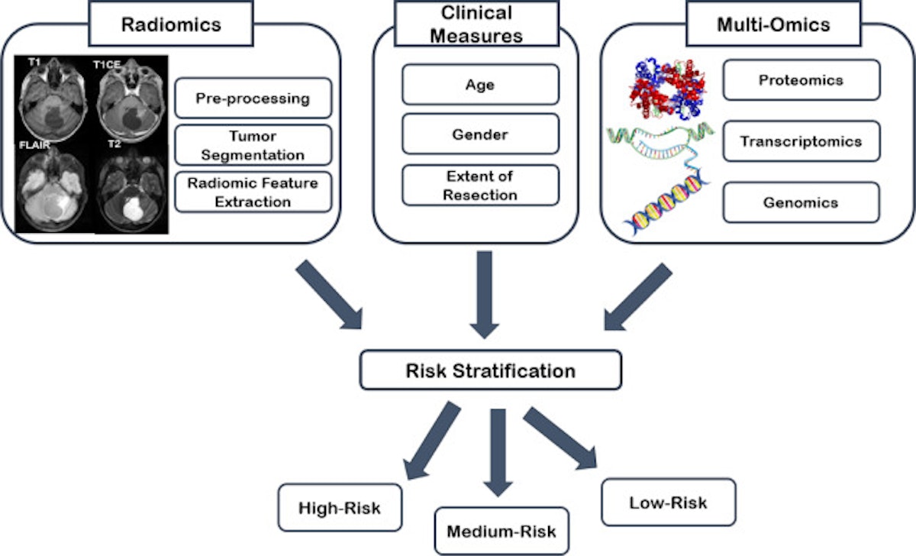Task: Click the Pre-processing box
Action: click(253, 99)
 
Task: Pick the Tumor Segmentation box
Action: click(253, 145)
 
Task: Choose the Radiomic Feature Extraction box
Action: click(253, 192)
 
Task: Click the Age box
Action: click(480, 85)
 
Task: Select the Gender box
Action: click(480, 135)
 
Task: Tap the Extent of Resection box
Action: click(480, 186)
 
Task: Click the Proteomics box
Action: click(801, 80)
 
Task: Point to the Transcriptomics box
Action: click(801, 141)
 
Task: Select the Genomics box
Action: click(801, 202)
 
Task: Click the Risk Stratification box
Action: click(491, 371)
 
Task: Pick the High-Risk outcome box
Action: click(340, 506)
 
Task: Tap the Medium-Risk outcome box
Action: click(502, 531)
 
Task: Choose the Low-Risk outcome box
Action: click(668, 503)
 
